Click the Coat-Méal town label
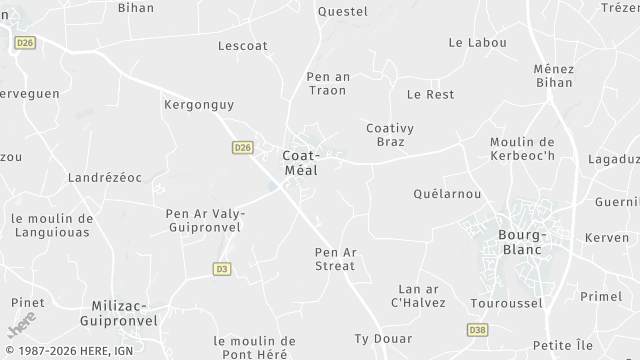coord(300,163)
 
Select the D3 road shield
coord(222,268)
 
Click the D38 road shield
coord(477,329)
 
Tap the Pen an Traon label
coord(327,83)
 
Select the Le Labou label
coord(477,43)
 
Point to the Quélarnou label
coord(447,194)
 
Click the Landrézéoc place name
coord(104,177)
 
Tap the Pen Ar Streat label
coord(335,259)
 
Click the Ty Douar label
coord(383,340)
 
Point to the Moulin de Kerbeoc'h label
coord(522,149)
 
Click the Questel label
coord(342,12)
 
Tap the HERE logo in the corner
coord(21,327)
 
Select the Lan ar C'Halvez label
coord(418,295)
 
